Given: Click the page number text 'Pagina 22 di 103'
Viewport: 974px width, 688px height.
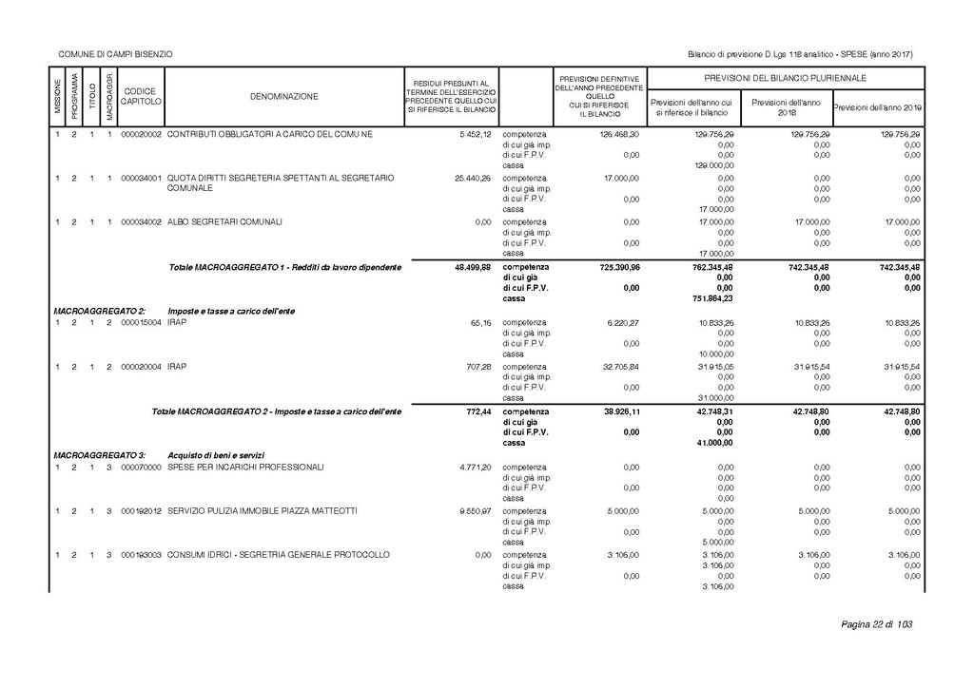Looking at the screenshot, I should pos(876,624).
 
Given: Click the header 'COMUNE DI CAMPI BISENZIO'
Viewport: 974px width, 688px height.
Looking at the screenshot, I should pos(115,54).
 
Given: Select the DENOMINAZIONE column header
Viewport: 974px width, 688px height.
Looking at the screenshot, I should pos(284,96).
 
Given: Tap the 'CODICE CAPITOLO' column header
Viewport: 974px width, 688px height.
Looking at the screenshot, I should pos(142,96).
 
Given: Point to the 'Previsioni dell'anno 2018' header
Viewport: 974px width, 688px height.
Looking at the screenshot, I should pos(785,107).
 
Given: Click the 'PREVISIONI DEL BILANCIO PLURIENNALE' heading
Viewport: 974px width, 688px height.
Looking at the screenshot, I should pos(785,77).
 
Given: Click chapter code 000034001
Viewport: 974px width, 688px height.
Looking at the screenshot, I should pos(142,178).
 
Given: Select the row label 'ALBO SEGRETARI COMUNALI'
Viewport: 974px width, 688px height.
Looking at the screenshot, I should pos(224,221).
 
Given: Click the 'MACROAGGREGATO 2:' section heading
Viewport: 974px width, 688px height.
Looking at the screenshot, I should pos(100,312).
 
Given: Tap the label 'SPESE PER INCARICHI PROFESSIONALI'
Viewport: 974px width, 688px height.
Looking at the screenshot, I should pos(245,468).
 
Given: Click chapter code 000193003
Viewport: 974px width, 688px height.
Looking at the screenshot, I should pos(142,554).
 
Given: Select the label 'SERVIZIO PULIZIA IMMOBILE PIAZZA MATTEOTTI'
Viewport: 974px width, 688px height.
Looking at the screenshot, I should pos(263,510).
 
